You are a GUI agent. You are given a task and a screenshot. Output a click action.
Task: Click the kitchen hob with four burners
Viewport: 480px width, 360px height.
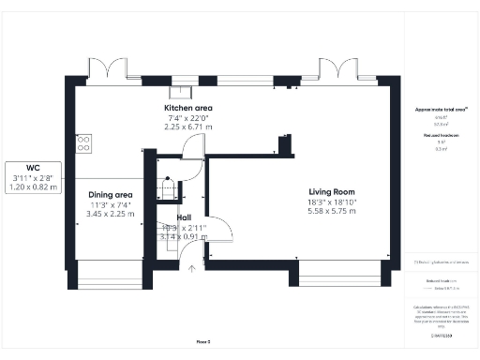[x=83, y=142]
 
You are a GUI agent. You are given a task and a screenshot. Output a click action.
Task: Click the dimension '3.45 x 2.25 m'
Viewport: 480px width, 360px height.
[x=111, y=214]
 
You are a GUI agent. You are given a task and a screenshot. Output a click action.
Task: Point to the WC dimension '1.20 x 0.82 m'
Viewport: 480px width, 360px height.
[x=34, y=187]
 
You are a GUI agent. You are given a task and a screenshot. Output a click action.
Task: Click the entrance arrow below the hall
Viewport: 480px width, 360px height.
[x=192, y=270]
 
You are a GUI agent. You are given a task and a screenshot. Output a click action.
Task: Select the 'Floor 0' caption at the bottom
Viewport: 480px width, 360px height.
[x=203, y=342]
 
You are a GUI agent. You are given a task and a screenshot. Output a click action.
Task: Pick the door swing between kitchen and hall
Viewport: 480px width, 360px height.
[x=192, y=147]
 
